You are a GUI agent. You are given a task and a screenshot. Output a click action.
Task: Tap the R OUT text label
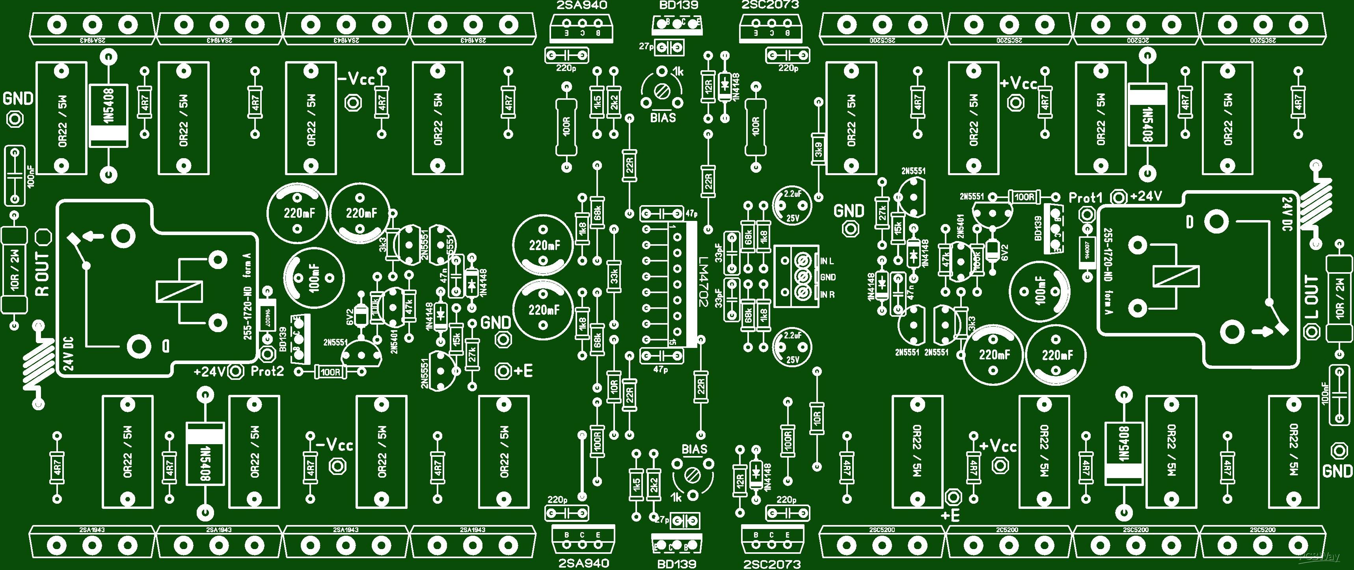pyautogui.click(x=42, y=273)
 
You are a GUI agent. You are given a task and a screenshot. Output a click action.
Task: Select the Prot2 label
pyautogui.click(x=267, y=372)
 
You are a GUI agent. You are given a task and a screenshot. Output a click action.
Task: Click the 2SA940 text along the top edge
pyautogui.click(x=581, y=5)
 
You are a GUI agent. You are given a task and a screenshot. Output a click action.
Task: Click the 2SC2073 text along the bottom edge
pyautogui.click(x=772, y=564)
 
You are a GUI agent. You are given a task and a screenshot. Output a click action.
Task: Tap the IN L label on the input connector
pyautogui.click(x=827, y=261)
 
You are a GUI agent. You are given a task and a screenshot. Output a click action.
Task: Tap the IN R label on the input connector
pyautogui.click(x=827, y=294)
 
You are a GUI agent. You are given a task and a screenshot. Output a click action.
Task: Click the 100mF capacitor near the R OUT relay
pyautogui.click(x=314, y=277)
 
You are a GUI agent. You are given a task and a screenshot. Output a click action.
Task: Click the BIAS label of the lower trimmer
pyautogui.click(x=695, y=450)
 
